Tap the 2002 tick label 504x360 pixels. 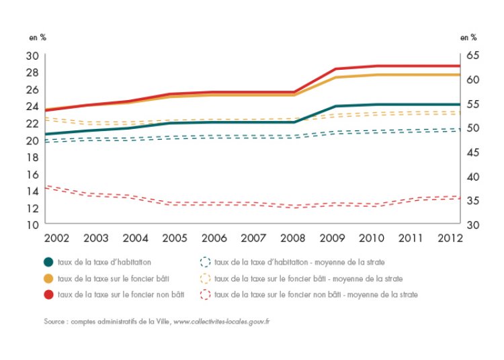[57, 238]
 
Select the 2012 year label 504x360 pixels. [448, 238]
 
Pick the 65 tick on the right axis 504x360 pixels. [472, 55]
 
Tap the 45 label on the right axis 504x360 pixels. [472, 152]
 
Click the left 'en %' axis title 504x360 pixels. [38, 38]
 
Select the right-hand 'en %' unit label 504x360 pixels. [468, 38]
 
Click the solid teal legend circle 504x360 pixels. [49, 262]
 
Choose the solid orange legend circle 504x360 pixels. [49, 278]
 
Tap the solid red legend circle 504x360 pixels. [49, 294]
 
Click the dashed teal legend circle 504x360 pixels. [206, 262]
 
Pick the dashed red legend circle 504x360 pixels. [206, 294]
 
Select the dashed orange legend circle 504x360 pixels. [206, 278]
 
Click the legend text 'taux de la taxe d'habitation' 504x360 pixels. [104, 262]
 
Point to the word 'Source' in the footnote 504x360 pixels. [55, 322]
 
